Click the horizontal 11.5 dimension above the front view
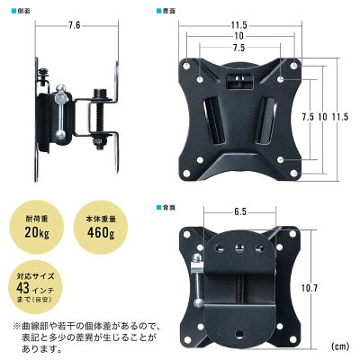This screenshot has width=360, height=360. [238, 23]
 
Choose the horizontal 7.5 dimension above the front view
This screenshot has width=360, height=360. [238, 48]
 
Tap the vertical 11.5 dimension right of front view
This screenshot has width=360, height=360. [340, 117]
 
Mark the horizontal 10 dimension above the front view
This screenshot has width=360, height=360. [238, 35]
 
